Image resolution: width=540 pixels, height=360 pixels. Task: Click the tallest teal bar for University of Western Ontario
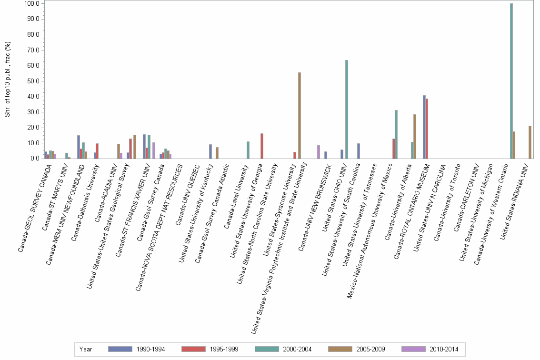click(x=511, y=81)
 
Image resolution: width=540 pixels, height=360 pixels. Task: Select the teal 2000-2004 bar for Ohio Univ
click(x=347, y=109)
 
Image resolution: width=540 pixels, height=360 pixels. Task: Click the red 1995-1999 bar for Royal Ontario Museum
click(x=427, y=129)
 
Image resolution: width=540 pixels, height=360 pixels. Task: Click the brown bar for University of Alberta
click(x=415, y=136)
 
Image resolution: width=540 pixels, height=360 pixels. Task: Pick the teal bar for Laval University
click(x=248, y=150)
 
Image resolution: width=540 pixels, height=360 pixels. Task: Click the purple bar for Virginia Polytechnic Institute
click(x=319, y=152)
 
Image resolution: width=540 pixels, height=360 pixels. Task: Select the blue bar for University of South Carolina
click(x=359, y=151)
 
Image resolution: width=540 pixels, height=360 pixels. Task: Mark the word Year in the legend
click(x=86, y=349)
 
